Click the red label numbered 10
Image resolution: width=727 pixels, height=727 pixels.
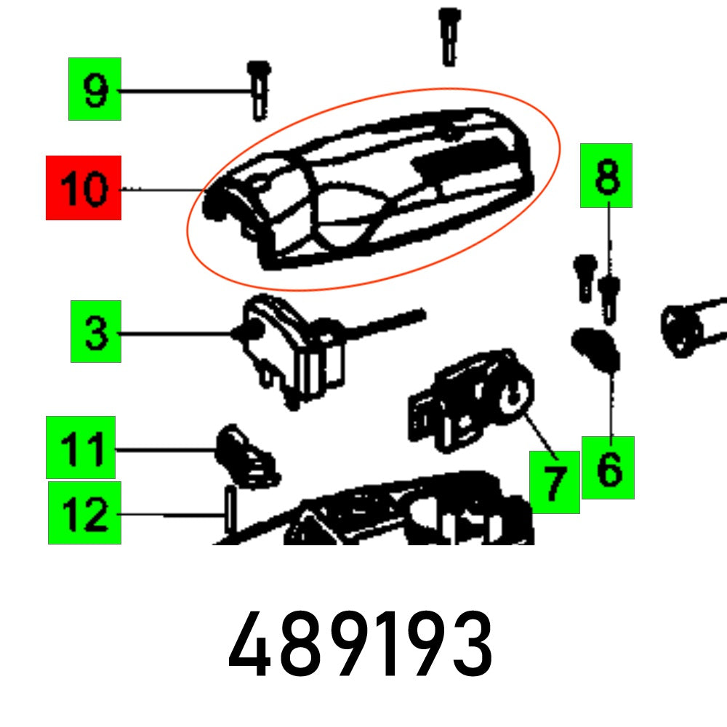coord(83,188)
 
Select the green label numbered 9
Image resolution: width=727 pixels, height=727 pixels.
coord(95,89)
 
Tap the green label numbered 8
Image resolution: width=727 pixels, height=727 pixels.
coord(606,175)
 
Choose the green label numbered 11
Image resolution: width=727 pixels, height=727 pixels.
coord(81,447)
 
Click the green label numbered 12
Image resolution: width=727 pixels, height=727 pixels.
coord(84,513)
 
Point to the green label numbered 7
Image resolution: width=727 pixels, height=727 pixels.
coord(555,482)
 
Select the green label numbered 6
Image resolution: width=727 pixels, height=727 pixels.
coord(608,467)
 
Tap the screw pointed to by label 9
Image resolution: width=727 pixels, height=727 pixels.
coord(259,90)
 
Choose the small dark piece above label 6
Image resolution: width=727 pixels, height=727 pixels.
coord(596,349)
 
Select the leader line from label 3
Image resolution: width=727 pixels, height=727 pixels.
coord(174,334)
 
